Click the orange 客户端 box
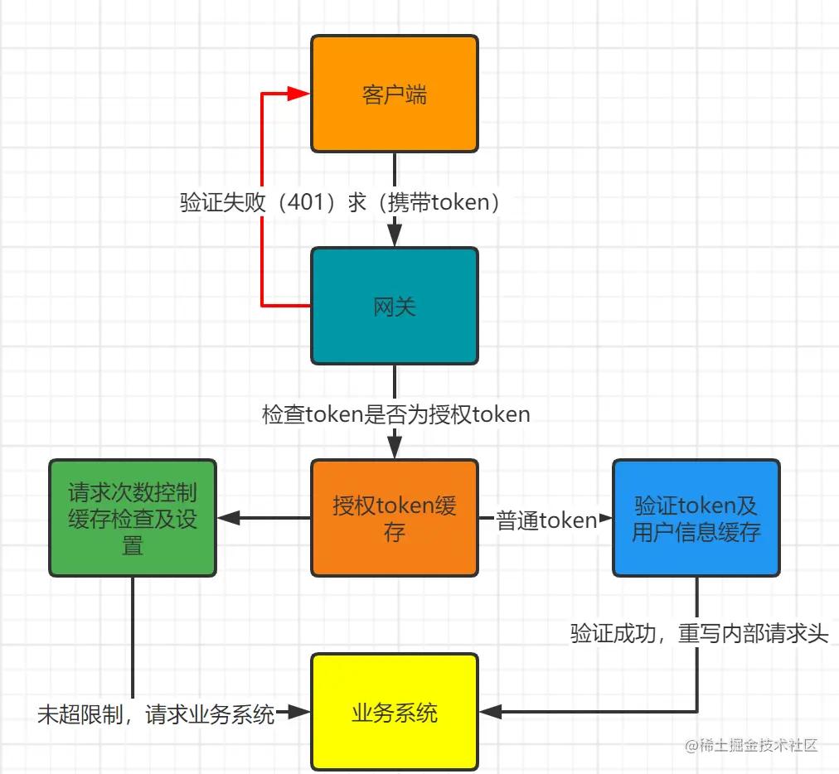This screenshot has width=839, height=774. pyautogui.click(x=395, y=94)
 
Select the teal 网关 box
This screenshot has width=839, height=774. pyautogui.click(x=395, y=306)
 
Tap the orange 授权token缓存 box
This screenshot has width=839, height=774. pyautogui.click(x=395, y=518)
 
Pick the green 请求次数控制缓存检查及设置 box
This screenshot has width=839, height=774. pyautogui.click(x=133, y=518)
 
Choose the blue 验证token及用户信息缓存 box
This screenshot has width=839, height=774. pyautogui.click(x=696, y=518)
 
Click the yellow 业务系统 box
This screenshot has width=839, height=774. pyautogui.click(x=395, y=712)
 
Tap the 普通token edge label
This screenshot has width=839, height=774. pyautogui.click(x=546, y=520)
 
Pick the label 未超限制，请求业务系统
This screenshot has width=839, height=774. pyautogui.click(x=156, y=714)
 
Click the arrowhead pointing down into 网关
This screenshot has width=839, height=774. pyautogui.click(x=395, y=235)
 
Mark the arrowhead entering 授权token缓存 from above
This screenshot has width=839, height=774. pyautogui.click(x=395, y=447)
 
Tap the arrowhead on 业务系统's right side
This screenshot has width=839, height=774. pyautogui.click(x=489, y=711)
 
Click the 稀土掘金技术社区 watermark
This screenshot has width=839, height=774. pyautogui.click(x=751, y=745)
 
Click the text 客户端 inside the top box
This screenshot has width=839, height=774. pyautogui.click(x=395, y=94)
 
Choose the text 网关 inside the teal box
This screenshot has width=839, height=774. pyautogui.click(x=395, y=307)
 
